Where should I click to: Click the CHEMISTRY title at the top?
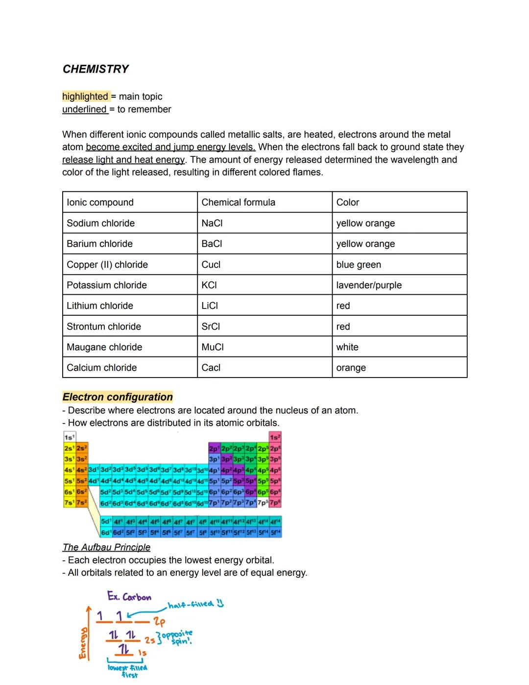tap(96, 69)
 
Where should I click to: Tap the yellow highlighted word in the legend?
tap(85, 97)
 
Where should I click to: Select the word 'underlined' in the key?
tap(84, 109)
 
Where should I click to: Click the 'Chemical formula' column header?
tap(238, 203)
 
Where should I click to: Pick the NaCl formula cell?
tap(212, 223)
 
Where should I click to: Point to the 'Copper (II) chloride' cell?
tap(107, 264)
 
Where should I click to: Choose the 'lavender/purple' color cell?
tap(368, 285)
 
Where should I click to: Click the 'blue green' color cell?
tap(358, 264)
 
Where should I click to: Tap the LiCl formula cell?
tap(210, 305)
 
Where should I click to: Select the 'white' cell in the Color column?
tap(347, 347)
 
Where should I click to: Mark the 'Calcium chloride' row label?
tap(101, 367)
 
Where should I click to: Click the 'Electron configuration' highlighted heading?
tap(118, 397)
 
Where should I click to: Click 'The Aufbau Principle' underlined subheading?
tap(106, 547)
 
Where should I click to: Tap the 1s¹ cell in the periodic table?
tap(69, 437)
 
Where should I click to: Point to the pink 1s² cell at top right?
tap(275, 437)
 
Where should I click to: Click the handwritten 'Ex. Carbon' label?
tap(129, 597)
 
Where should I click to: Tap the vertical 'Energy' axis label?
tap(83, 642)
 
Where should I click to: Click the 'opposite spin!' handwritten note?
tap(177, 637)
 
